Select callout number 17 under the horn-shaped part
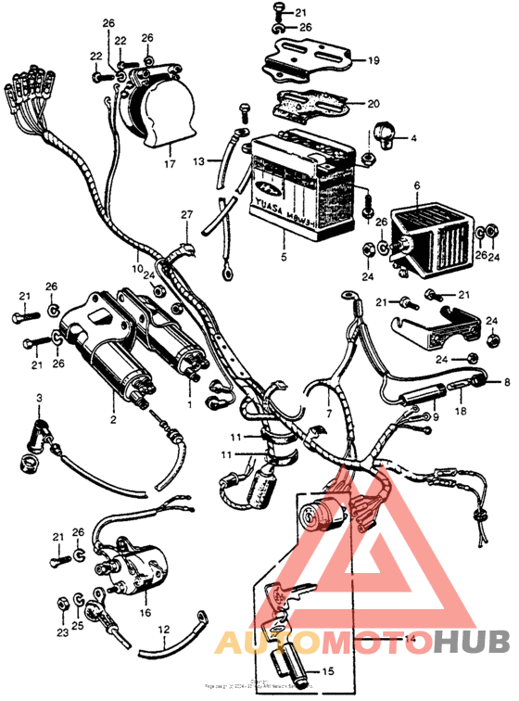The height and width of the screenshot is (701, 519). [169, 164]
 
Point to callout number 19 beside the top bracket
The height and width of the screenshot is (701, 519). [373, 62]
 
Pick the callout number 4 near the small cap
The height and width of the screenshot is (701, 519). [413, 138]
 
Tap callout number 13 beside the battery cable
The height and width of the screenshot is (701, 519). [198, 161]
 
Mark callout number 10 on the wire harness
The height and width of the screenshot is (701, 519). [136, 270]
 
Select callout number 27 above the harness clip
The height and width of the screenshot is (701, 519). [186, 215]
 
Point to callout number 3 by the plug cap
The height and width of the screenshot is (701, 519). [39, 399]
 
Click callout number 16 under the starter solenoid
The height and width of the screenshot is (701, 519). [145, 614]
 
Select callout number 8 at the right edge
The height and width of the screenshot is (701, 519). [507, 381]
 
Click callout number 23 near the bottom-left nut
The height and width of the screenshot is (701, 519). [60, 634]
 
